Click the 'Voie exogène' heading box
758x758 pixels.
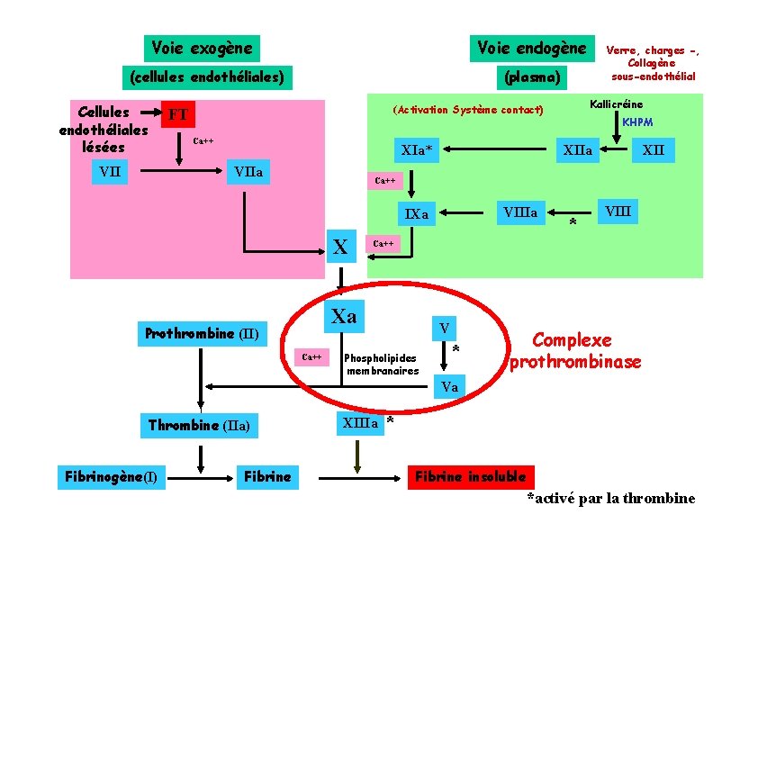pos(202,48)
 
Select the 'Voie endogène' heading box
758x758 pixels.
pos(531,48)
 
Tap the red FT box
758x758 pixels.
pos(178,114)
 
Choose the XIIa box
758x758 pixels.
pos(577,150)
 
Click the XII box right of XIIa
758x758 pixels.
pos(654,149)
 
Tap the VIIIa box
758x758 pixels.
pos(520,212)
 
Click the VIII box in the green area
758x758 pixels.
pos(618,212)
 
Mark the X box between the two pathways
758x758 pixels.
pos(341,246)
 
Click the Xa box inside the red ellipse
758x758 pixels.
pos(344,316)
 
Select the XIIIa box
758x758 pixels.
pos(360,423)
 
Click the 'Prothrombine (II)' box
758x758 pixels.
pos(202,334)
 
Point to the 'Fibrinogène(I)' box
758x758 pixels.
pos(112,476)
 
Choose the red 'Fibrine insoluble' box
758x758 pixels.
pos(470,476)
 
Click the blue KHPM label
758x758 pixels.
pos(637,122)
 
